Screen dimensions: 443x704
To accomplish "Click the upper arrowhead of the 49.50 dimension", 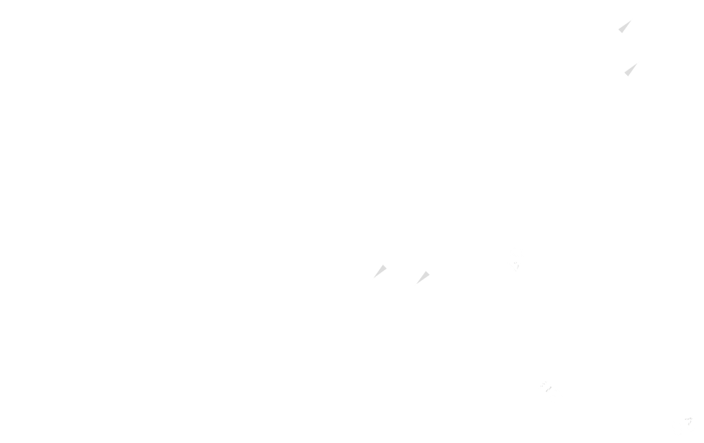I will [625, 26].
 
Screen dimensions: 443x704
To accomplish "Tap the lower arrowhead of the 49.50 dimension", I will [378, 273].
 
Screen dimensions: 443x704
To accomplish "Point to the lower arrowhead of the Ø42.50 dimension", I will [421, 278].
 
